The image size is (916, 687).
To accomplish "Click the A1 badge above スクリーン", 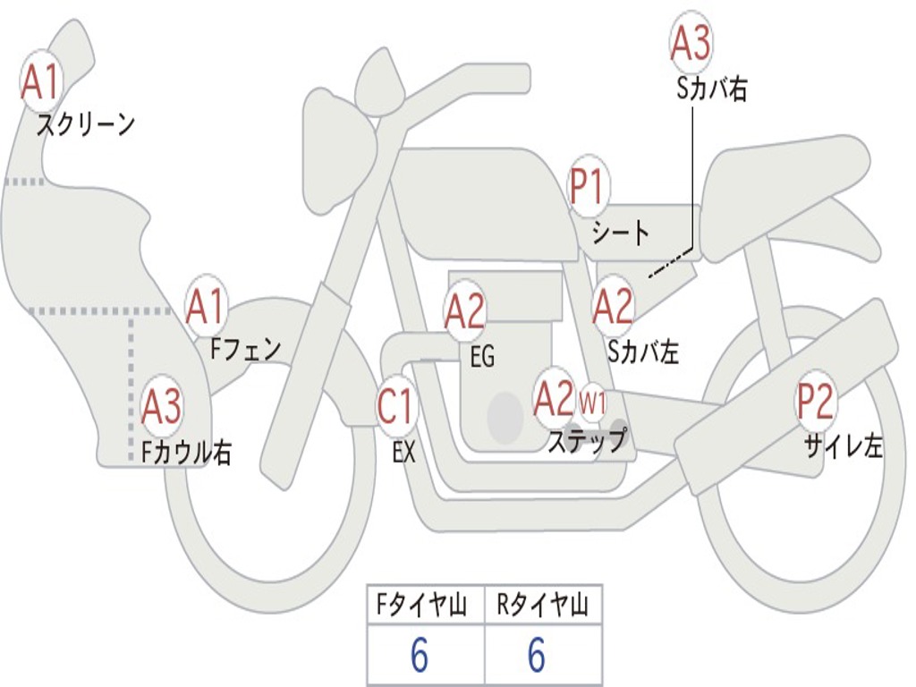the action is [41, 81].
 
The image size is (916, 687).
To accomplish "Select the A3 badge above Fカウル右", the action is [162, 406].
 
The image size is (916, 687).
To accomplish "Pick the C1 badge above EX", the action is [396, 406].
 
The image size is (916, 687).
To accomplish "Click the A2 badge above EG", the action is [465, 310].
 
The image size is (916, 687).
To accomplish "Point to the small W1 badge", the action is [592, 403].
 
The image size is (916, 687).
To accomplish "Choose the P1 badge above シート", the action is [589, 186].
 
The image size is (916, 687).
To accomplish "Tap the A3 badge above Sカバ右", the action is [691, 42].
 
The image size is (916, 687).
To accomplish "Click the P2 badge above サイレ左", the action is [816, 402].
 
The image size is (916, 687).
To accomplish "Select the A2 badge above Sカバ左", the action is [613, 306].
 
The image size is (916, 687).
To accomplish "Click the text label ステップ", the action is [587, 441].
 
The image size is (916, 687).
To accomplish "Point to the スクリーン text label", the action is [86, 124].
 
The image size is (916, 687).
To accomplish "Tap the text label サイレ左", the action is [844, 447].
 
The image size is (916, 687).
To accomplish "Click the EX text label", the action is [404, 451].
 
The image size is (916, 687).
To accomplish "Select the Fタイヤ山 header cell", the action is [426, 605].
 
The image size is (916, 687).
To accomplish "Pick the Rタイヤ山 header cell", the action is [543, 605].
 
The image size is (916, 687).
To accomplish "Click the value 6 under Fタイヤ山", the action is [420, 654].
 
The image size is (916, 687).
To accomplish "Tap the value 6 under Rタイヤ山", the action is [537, 654].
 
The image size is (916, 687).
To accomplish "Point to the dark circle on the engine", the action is [505, 418].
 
